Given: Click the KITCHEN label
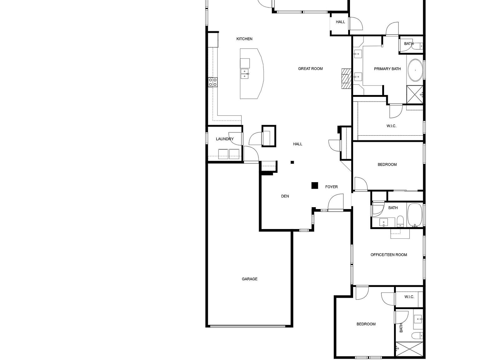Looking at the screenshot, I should [x=244, y=39].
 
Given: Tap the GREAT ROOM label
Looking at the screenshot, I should [x=310, y=69].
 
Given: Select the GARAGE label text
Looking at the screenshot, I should [x=249, y=279].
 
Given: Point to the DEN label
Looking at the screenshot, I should [x=285, y=196].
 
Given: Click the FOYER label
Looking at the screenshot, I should [x=331, y=187].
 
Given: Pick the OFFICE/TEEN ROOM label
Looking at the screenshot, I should [x=389, y=255].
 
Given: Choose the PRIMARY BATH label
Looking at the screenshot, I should [x=387, y=69].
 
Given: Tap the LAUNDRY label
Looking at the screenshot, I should [x=225, y=139].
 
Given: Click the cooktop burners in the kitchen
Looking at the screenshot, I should [x=213, y=82].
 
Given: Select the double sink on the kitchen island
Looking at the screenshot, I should [x=245, y=74].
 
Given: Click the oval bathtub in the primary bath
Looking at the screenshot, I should [x=415, y=70].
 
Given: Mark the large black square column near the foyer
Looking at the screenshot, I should [x=315, y=186].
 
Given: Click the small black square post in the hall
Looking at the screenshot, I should [x=292, y=162].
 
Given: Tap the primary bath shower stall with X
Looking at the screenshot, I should [x=414, y=94].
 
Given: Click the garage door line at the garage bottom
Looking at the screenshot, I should [x=248, y=326].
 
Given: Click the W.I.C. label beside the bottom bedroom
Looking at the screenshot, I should [x=409, y=297].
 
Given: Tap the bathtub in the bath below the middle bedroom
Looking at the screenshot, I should [x=414, y=215].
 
